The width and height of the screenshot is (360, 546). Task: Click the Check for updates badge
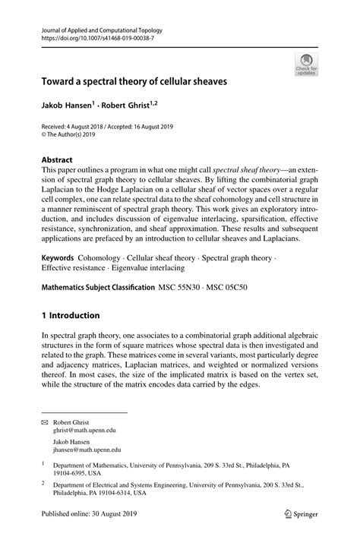tap(306, 64)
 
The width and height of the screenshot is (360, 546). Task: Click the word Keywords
tap(61, 258)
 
